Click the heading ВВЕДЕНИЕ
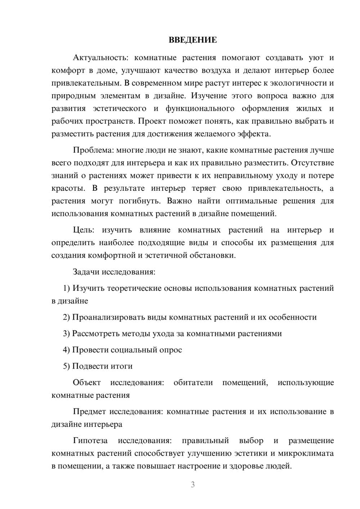tap(193, 40)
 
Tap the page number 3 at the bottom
tap(193, 485)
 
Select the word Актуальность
tap(98, 58)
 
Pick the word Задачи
tap(86, 271)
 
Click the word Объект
tap(87, 382)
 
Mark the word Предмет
tap(90, 411)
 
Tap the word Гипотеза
tap(90, 441)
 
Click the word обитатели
tap(193, 382)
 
